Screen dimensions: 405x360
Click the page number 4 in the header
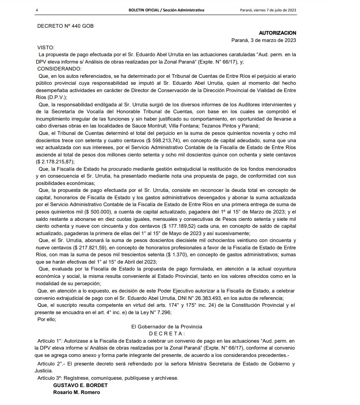click(37, 10)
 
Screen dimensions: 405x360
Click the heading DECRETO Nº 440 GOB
click(65, 26)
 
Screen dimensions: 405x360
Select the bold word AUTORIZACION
click(277, 33)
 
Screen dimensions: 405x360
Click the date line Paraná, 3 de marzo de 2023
click(263, 40)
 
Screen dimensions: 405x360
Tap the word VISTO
click(46, 47)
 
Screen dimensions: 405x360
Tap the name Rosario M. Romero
click(76, 392)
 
